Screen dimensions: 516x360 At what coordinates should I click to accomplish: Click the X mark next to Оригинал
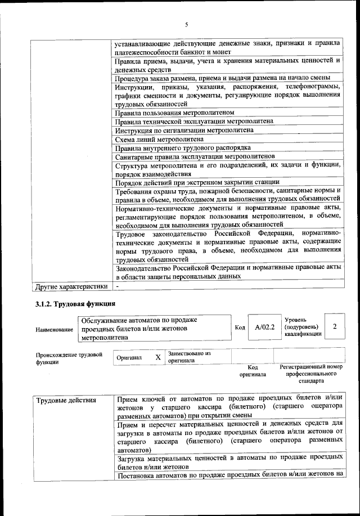158,357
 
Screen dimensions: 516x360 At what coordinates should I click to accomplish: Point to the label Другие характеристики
71,286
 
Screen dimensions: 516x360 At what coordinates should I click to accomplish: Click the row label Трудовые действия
66,401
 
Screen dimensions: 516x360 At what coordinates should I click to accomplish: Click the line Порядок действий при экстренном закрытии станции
197,182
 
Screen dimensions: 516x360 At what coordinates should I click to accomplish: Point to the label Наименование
54,329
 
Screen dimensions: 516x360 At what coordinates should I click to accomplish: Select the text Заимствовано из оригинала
188,357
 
